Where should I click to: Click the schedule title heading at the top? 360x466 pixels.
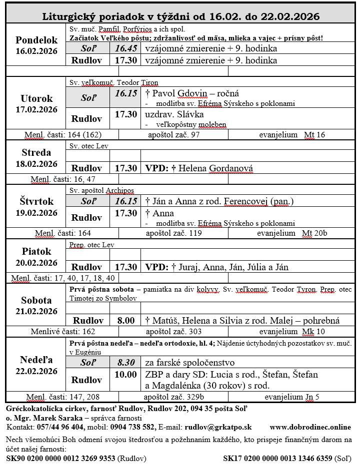coord(180,16)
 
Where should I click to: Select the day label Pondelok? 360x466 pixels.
coord(36,40)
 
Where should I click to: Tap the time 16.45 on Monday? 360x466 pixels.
coord(125,48)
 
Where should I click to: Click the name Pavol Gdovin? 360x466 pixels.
coord(179,93)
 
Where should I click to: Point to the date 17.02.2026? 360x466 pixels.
coord(36,109)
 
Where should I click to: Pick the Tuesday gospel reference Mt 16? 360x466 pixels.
coord(314,135)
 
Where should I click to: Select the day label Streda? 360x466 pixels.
coord(36,152)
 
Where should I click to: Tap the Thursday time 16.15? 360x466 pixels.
coord(125,201)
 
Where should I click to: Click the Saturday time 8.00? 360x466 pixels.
coord(125,320)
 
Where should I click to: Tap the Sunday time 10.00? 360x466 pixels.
coord(125,375)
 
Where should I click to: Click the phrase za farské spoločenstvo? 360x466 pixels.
coord(189,363)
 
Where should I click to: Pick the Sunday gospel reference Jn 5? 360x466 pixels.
coord(311,398)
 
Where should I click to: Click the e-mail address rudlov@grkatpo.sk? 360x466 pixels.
coord(218,427)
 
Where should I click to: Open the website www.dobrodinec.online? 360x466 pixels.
coord(309,427)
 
